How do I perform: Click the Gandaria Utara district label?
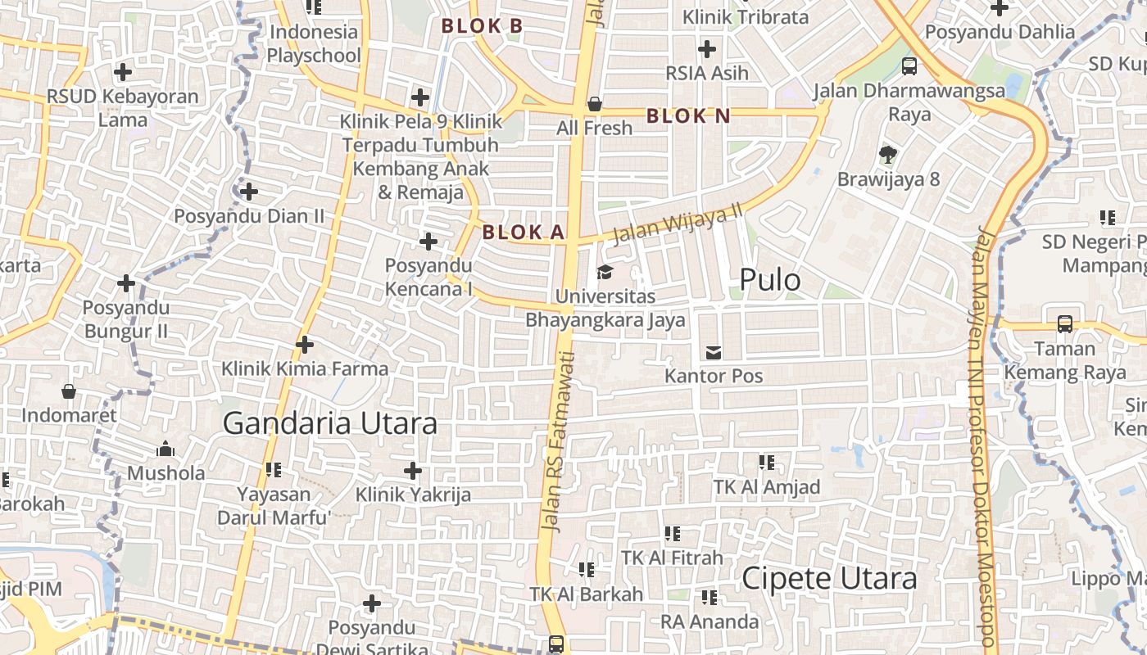point(329,423)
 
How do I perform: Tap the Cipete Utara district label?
point(829,578)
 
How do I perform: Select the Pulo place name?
point(770,280)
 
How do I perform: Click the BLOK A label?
point(524,233)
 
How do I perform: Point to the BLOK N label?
point(688,116)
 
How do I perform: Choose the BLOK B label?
point(482,26)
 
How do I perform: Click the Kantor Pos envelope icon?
point(714,353)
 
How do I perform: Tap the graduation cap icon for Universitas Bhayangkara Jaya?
point(605,272)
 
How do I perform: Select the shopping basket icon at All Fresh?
point(595,104)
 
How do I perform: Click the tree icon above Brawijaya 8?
point(888,154)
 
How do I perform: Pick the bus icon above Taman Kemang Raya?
point(1064,324)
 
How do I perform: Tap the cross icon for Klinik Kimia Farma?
point(305,345)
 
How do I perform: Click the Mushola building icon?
point(165,449)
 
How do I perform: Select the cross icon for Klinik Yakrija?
point(413,471)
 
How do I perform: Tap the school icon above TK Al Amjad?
point(767,463)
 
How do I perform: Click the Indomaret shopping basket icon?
point(69,391)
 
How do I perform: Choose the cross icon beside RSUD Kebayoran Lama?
point(123,72)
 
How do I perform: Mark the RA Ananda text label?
point(710,621)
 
